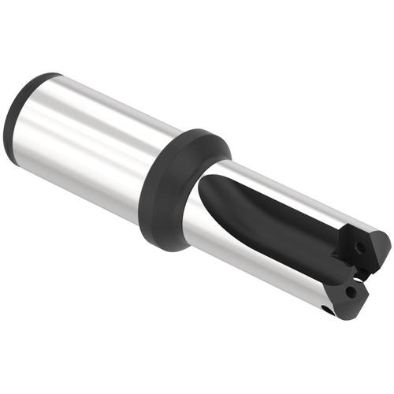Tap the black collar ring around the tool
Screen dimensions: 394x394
(177, 189)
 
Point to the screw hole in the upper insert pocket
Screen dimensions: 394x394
(359, 248)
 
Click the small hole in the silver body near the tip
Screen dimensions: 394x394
(325, 310)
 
